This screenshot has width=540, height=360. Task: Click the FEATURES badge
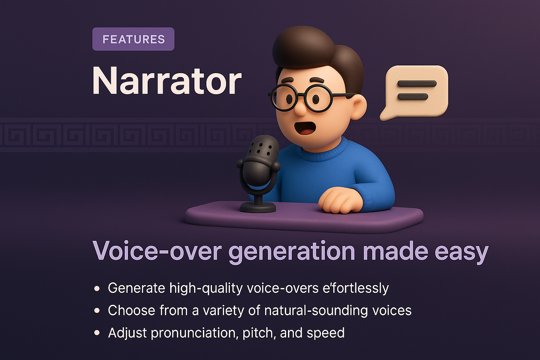coord(133,39)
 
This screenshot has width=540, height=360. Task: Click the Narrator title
coord(167,81)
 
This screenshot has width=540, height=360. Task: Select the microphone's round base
coord(258,207)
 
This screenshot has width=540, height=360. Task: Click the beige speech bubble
coord(417,91)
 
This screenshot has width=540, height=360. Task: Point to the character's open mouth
coord(305,128)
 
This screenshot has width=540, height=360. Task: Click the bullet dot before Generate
coord(97,288)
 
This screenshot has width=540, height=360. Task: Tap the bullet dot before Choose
coord(97,311)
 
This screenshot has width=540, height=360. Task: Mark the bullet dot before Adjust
coord(97,333)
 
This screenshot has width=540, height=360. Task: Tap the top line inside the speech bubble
coord(417,84)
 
